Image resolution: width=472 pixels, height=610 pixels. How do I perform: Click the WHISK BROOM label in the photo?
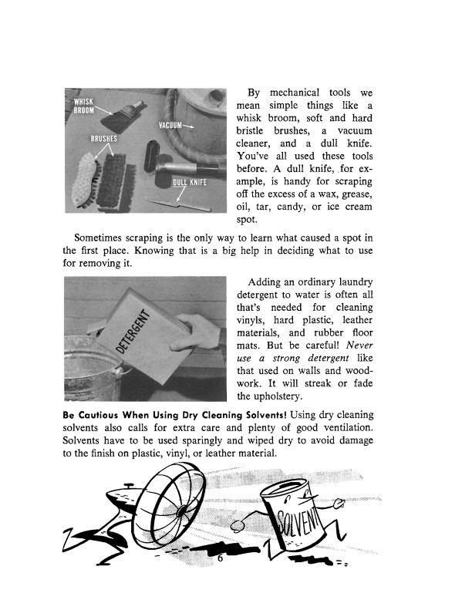[x=83, y=106]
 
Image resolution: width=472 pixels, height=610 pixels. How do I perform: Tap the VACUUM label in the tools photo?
[x=171, y=126]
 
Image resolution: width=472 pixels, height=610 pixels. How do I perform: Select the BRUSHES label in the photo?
[x=103, y=139]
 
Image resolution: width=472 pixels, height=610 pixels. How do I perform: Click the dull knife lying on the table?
[x=184, y=207]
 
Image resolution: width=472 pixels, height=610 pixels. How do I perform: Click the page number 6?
[x=219, y=561]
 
